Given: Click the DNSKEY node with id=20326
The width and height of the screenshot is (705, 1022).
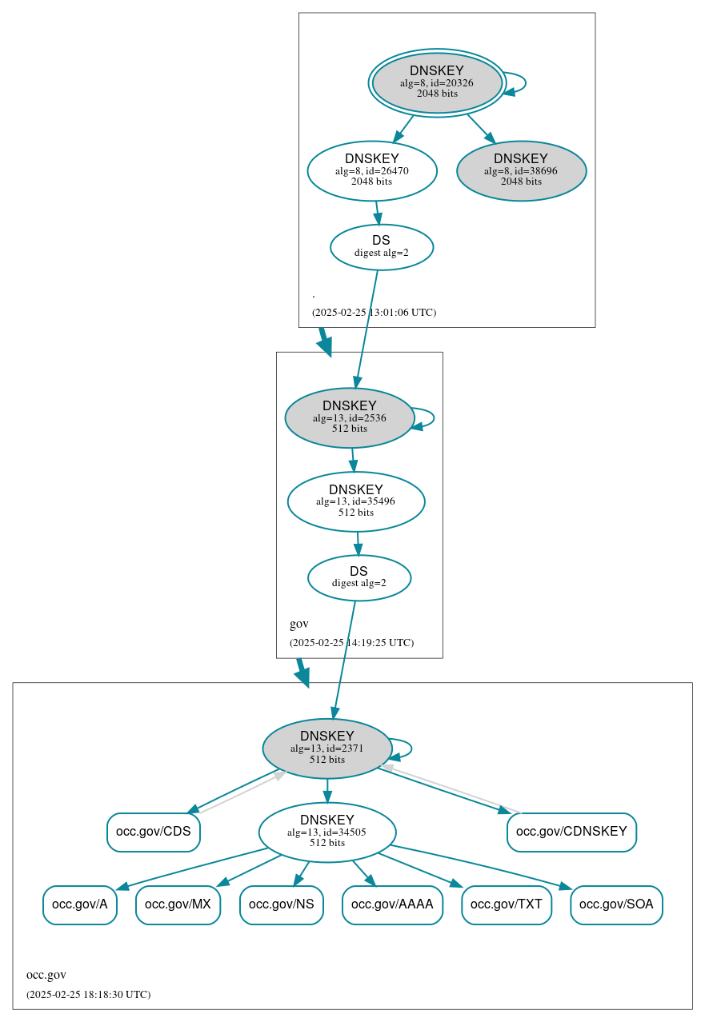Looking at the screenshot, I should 437,82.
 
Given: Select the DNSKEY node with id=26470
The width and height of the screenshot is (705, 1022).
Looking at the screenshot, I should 372,170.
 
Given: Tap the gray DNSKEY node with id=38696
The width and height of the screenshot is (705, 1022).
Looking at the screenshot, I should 521,170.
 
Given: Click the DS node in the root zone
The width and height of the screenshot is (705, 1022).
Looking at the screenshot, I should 382,247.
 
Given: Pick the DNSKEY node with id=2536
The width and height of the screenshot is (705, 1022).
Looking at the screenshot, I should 349,417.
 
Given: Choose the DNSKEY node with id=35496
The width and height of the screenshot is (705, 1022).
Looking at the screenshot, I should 356,501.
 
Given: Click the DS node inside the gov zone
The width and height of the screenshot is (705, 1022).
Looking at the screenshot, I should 359,577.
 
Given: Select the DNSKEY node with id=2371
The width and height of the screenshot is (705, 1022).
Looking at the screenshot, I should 326,748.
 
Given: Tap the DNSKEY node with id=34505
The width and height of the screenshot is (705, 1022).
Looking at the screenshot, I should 327,832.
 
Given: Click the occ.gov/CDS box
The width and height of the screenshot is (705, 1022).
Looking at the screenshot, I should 154,832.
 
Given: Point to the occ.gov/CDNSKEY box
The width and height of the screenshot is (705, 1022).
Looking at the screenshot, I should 571,832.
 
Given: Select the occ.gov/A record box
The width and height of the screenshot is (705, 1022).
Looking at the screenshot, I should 80,904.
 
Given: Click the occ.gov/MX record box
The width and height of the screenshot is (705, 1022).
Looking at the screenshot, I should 178,904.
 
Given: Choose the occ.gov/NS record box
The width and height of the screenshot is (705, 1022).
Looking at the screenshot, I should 282,904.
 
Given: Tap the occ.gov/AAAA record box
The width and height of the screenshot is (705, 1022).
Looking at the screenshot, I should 392,904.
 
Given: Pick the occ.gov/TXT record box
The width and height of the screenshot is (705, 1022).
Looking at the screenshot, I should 507,904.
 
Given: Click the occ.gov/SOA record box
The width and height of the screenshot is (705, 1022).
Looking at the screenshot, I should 616,904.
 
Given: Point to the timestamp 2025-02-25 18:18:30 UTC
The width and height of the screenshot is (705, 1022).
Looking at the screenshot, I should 88,995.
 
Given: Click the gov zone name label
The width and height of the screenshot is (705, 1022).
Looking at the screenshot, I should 299,624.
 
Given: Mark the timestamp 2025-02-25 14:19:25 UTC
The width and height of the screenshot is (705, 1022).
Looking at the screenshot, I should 351,642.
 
